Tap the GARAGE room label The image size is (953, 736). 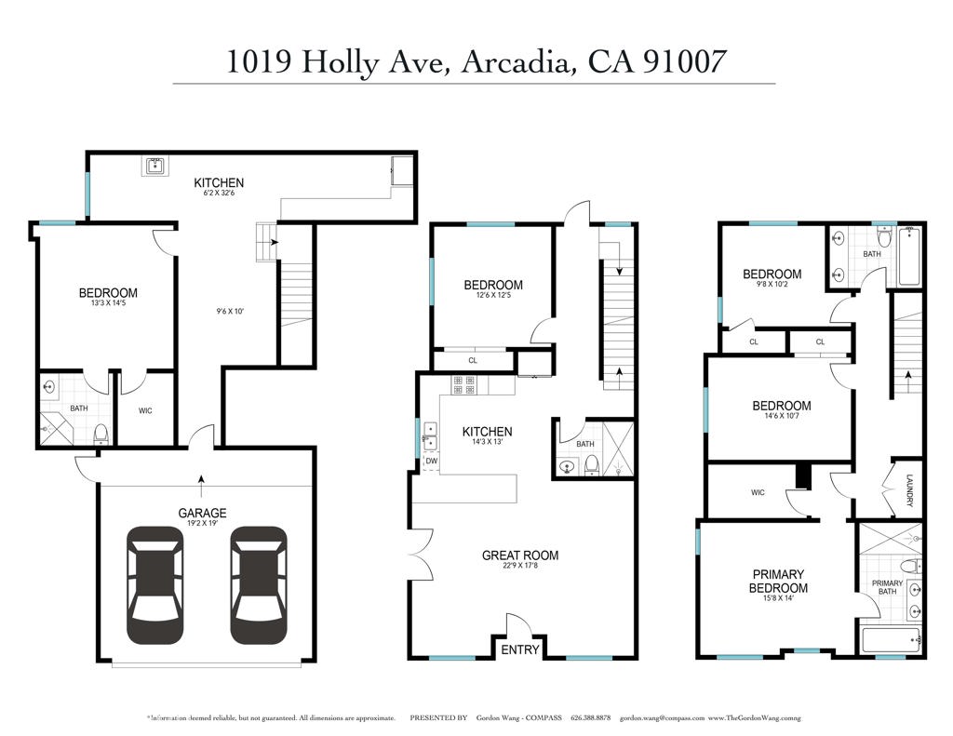click(203, 513)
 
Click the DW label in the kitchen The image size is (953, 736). click(431, 461)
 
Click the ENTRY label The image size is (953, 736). click(520, 649)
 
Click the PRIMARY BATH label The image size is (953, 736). click(887, 589)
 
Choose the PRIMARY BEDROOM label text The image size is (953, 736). click(778, 581)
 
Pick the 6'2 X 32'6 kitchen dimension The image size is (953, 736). click(219, 194)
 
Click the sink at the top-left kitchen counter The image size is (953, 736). click(154, 167)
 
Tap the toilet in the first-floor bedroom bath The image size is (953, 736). click(102, 433)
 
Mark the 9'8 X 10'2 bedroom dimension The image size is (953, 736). click(772, 286)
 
